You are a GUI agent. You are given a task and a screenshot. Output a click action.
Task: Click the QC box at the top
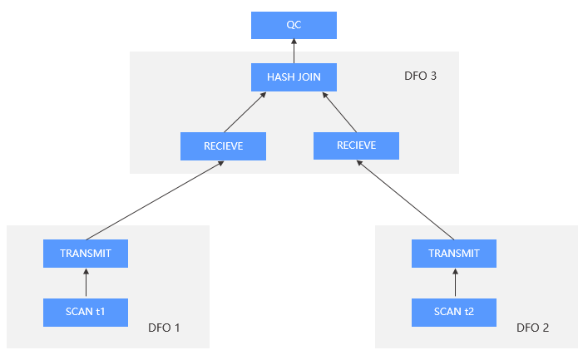coord(294,25)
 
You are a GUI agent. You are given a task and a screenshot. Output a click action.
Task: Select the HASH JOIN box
coord(294,78)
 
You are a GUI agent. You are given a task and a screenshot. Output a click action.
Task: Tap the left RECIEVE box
coord(223,146)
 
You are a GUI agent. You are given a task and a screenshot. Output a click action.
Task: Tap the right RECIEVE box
coord(356,145)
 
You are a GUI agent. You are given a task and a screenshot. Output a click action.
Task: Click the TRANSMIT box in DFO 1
coord(86,254)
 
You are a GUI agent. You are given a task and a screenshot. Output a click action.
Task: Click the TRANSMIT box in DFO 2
coord(454,254)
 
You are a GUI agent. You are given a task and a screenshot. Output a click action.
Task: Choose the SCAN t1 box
coord(86,312)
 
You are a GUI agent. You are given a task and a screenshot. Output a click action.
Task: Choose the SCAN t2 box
coord(454,312)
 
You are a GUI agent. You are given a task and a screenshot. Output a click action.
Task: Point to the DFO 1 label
coord(164,328)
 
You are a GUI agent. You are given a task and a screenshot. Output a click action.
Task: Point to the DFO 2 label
coord(532,328)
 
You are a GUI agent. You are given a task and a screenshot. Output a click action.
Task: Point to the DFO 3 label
coord(420,76)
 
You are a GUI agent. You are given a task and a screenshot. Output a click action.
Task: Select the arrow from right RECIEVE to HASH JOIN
coord(338,111)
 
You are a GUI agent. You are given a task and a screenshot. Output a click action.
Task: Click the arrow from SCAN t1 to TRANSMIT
coord(86,283)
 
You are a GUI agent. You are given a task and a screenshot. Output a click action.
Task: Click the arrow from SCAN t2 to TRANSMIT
coord(454,283)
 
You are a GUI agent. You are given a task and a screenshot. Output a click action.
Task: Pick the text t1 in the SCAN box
coord(101,312)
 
